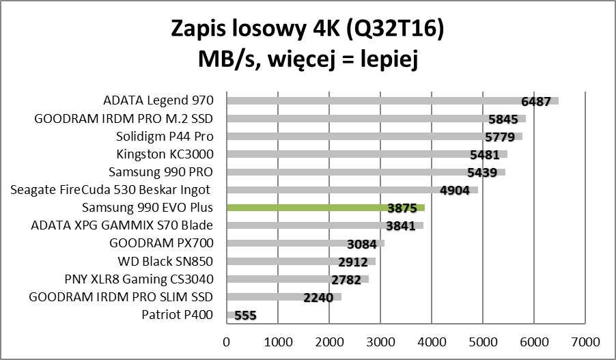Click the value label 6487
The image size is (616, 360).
point(535,102)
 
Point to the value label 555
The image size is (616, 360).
point(246,316)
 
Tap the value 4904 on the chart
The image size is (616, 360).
point(455,191)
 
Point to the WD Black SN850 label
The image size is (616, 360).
point(166,260)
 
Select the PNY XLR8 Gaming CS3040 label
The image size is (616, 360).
point(139,279)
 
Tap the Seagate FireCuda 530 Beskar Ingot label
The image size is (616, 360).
point(110,189)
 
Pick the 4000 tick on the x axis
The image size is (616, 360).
point(431,340)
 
